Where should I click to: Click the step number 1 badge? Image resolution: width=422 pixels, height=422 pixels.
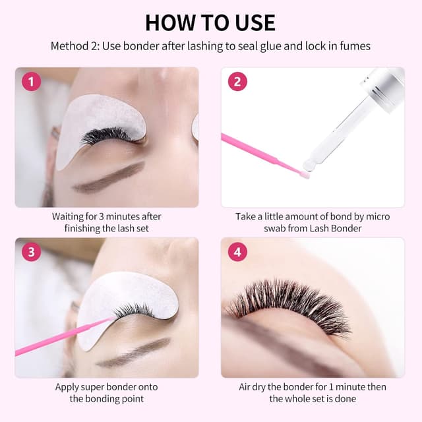[31, 82]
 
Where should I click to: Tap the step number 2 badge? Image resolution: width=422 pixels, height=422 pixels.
[237, 82]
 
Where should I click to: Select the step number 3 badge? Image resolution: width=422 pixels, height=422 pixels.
[31, 252]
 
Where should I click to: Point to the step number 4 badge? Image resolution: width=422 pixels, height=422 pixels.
[237, 252]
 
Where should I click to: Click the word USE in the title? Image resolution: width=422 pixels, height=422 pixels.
[253, 22]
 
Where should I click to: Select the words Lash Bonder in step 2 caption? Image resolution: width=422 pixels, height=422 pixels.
[338, 228]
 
